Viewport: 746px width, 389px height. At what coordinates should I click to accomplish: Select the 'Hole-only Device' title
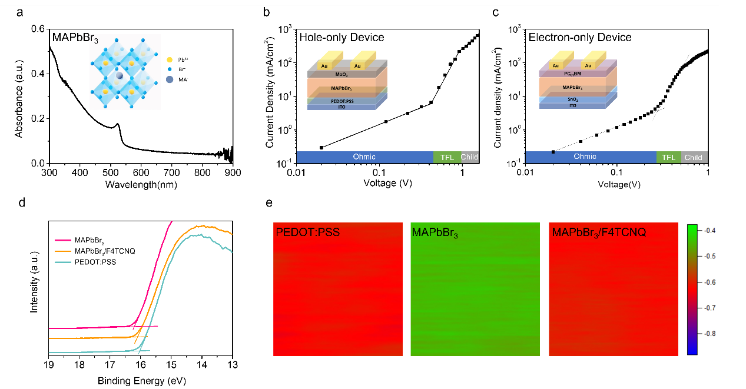click(x=342, y=38)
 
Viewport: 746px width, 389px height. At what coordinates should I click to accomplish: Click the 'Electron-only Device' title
click(x=580, y=38)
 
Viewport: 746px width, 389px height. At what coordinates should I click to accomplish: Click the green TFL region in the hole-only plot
click(x=446, y=157)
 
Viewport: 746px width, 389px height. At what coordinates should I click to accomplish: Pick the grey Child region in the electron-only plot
click(x=694, y=157)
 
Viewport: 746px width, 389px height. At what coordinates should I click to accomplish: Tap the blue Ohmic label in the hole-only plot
click(x=364, y=157)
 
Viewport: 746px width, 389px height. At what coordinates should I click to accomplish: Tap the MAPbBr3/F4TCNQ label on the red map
click(x=599, y=233)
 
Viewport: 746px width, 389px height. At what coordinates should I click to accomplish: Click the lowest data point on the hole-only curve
click(x=321, y=147)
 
